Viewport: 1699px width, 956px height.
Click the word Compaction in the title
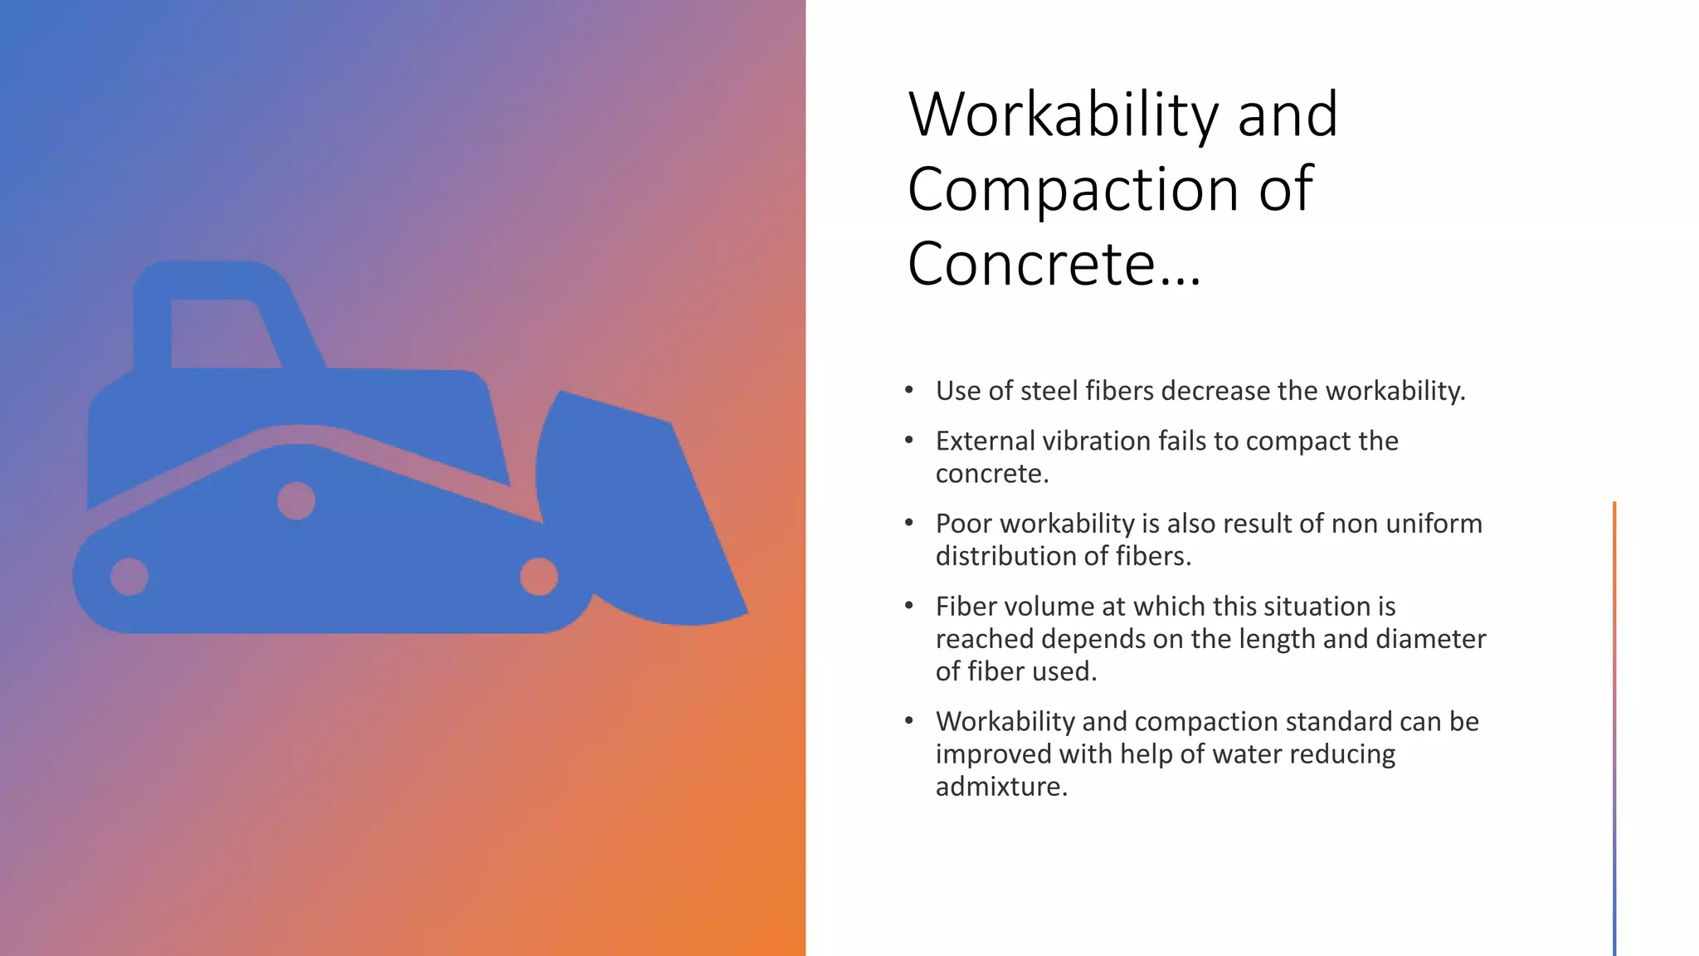click(x=1074, y=189)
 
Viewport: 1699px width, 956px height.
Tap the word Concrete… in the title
click(x=1054, y=264)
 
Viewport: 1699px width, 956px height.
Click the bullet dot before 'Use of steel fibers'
click(x=909, y=390)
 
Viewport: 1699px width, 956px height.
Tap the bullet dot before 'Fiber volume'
click(x=909, y=606)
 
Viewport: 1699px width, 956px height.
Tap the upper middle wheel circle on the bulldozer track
click(x=296, y=500)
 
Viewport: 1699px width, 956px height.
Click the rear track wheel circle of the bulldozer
click(x=129, y=577)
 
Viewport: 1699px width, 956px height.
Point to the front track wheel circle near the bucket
click(x=538, y=577)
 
